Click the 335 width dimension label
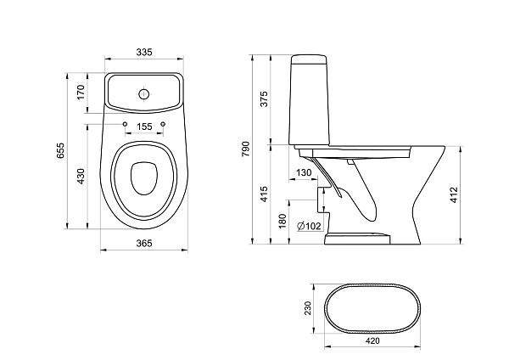tap(144, 52)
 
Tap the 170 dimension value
tap(81, 93)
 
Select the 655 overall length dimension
tap(61, 150)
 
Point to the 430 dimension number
tap(81, 176)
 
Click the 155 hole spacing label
tap(144, 127)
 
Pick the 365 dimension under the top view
tap(144, 243)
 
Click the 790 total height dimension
tap(246, 149)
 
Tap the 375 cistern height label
tap(264, 98)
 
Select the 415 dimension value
tap(264, 194)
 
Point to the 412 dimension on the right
tap(454, 194)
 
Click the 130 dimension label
tap(304, 172)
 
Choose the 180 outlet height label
tap(282, 221)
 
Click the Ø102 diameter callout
tap(309, 226)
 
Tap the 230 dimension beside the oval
tap(307, 308)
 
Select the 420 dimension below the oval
tap(372, 340)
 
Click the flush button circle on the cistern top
tap(144, 94)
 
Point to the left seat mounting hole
tap(125, 124)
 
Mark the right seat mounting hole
tap(163, 124)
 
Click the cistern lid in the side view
tap(309, 59)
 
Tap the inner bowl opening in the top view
tap(144, 178)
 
